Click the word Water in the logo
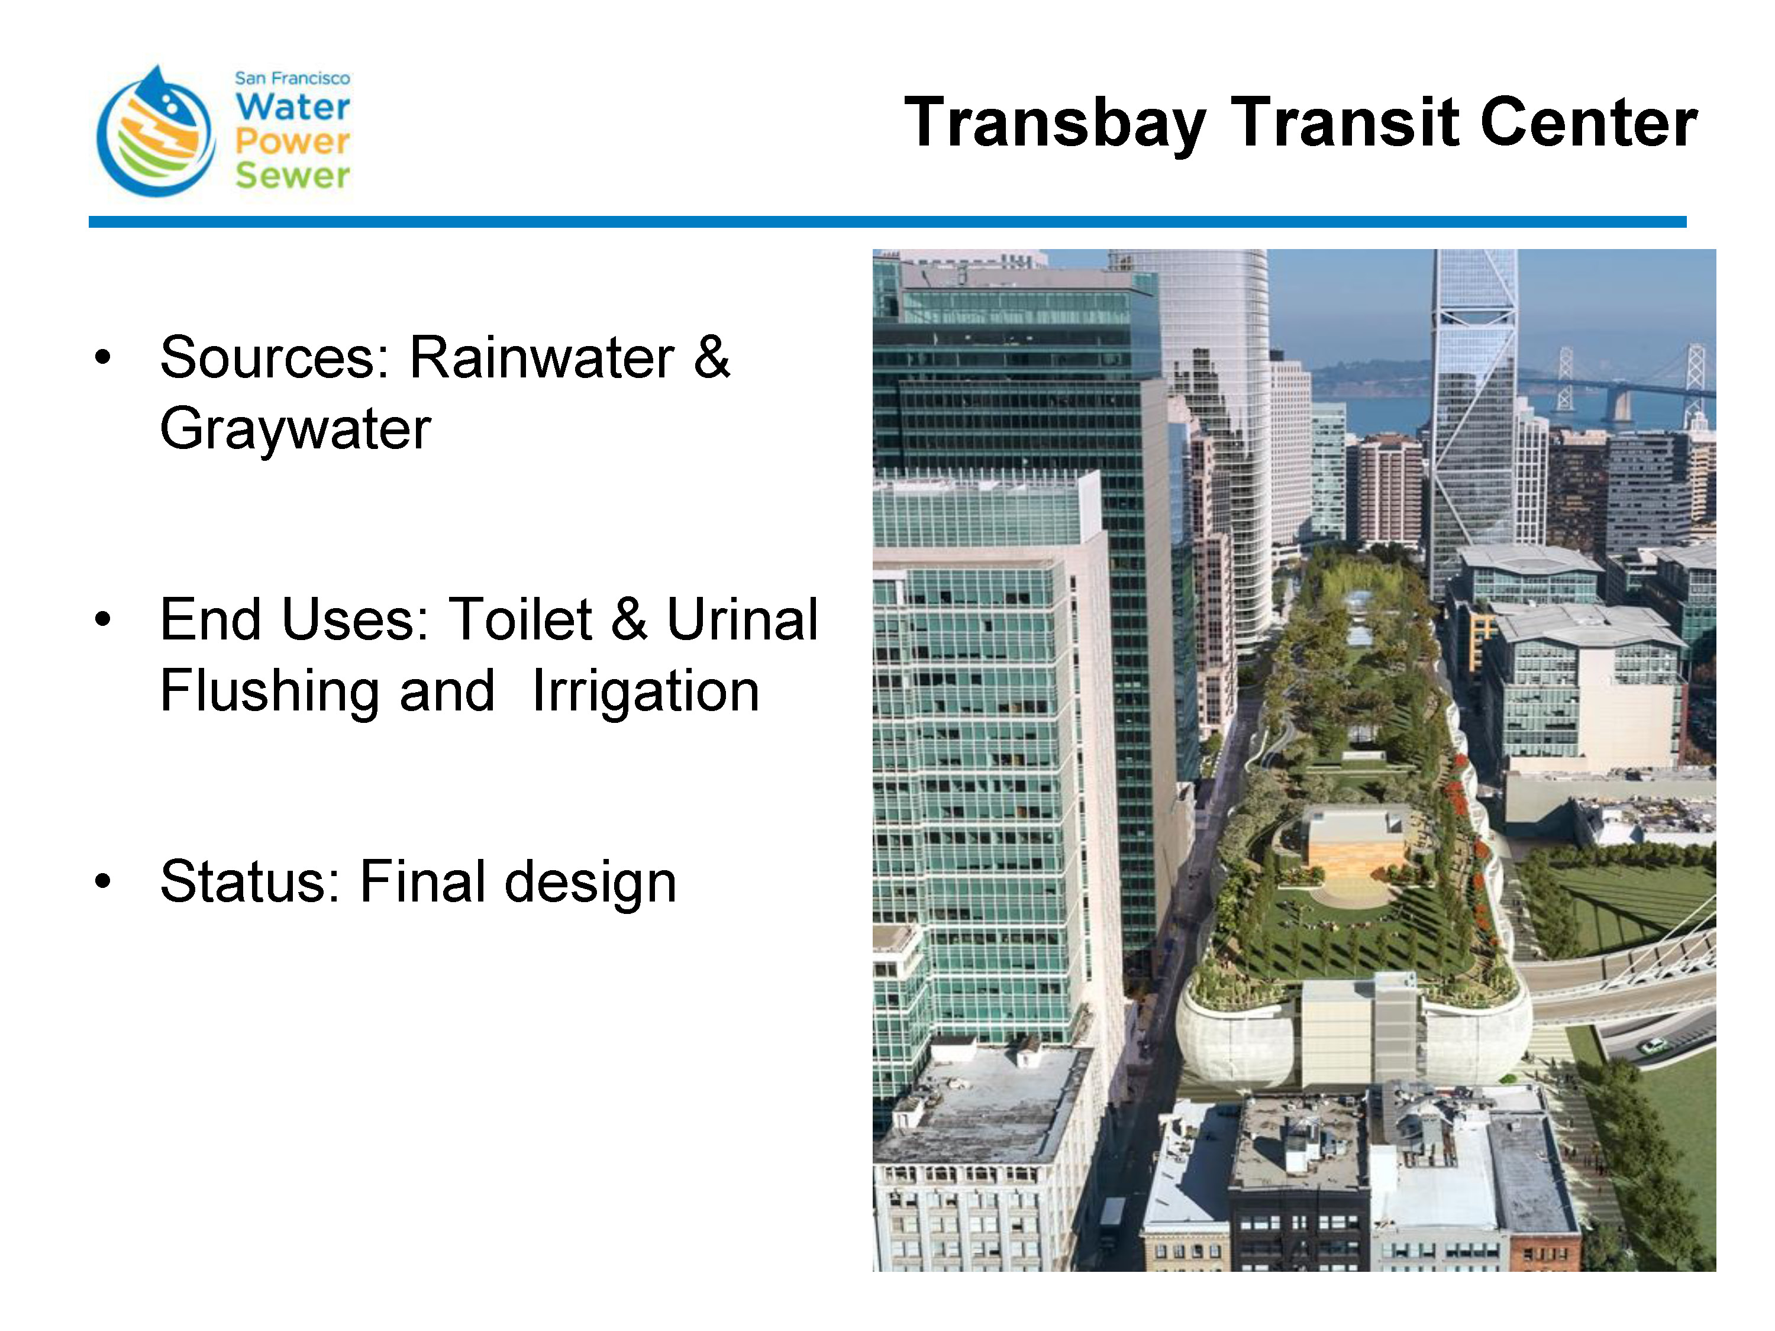point(293,106)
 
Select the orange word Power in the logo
point(293,142)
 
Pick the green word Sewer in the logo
point(293,176)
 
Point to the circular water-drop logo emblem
point(156,131)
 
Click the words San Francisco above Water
point(292,78)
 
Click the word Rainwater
point(541,357)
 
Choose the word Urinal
point(743,619)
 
